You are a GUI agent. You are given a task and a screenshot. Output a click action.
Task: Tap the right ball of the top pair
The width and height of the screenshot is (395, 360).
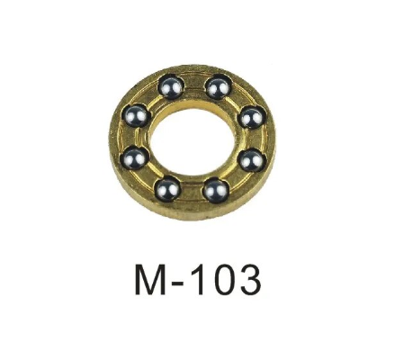[x=216, y=87]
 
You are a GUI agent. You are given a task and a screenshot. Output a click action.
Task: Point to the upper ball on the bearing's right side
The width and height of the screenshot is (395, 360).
[x=250, y=117]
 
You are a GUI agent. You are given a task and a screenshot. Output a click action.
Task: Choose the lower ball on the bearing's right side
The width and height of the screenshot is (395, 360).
[x=251, y=159]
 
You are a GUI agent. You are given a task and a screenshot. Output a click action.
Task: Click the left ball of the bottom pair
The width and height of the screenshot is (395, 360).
[x=167, y=189]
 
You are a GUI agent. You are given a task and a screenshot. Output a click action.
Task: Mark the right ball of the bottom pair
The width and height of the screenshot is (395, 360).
[x=215, y=189]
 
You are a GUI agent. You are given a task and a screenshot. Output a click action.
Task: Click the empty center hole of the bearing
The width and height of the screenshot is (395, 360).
[x=193, y=138]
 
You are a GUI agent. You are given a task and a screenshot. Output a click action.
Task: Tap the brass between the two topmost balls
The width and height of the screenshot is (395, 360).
[x=192, y=85]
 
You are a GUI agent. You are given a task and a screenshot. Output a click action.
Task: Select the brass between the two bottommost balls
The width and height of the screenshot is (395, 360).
[x=192, y=192]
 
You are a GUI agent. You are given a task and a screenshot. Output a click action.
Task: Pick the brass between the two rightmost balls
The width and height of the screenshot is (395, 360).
[x=254, y=139]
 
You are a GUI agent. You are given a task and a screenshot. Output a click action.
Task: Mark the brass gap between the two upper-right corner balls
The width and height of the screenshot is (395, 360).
[x=237, y=99]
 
